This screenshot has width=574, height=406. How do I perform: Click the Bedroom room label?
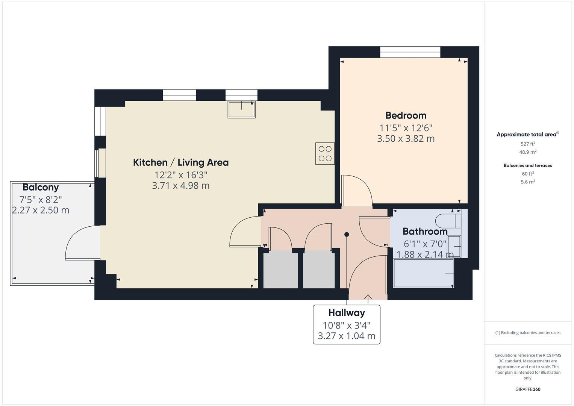[x=406, y=115]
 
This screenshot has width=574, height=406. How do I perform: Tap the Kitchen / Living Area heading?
[x=180, y=162]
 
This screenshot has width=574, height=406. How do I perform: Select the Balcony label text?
[x=41, y=187]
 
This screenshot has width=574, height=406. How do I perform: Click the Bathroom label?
[x=425, y=231]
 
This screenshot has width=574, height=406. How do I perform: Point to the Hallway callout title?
[x=346, y=313]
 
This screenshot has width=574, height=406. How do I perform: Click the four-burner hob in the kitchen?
[x=325, y=153]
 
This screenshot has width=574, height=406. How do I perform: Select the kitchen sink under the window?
[x=241, y=109]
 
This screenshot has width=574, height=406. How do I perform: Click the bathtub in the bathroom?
[x=423, y=273]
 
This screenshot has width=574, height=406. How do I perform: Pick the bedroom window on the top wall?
[x=410, y=52]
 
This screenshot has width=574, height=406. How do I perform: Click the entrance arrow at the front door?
[x=368, y=298]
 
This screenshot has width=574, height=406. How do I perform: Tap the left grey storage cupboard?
[x=280, y=270]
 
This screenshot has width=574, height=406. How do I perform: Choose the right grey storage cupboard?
[x=319, y=270]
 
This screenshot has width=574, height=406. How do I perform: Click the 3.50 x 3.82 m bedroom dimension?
[x=406, y=139]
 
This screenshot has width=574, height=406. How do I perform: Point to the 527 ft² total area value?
[x=527, y=144]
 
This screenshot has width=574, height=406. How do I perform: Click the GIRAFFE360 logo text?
[x=527, y=389]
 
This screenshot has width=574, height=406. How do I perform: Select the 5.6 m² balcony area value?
[x=527, y=182]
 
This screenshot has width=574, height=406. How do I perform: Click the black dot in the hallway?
[x=347, y=235]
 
